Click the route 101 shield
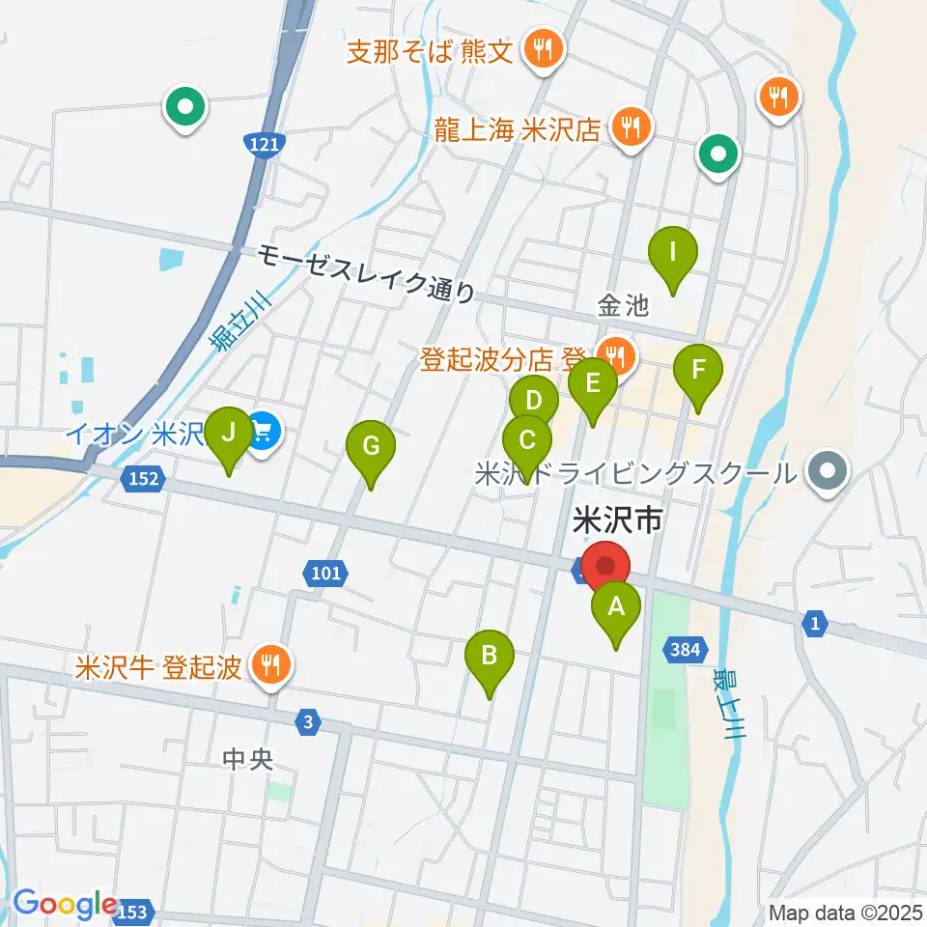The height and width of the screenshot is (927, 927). coord(327,575)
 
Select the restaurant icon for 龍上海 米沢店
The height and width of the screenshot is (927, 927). coord(631,126)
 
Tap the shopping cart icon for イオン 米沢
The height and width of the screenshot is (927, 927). coord(263,430)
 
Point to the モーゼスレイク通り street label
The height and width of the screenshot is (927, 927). coord(367,273)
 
